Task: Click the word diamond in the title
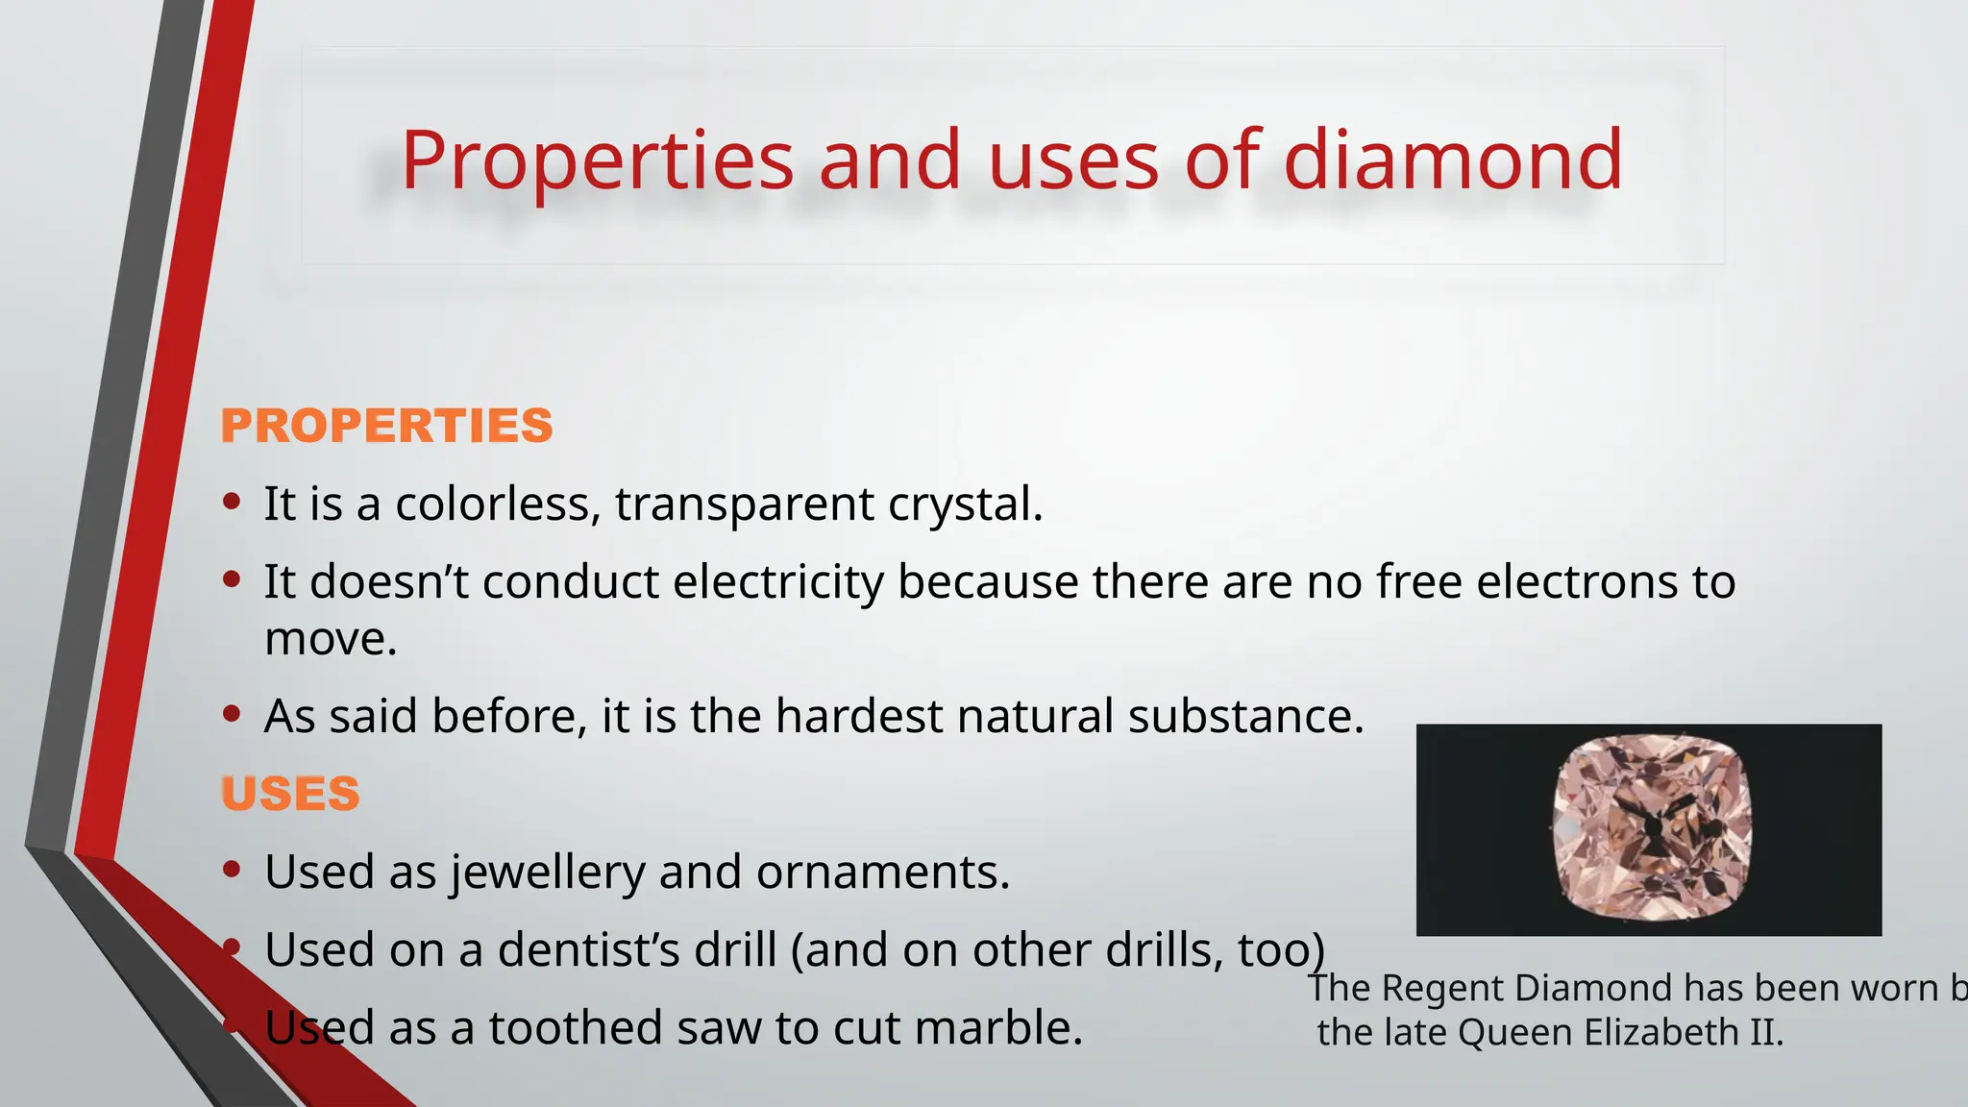[x=1452, y=160]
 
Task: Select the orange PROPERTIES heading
[x=386, y=426]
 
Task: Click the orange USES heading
[x=290, y=794]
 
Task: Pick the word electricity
[x=777, y=581]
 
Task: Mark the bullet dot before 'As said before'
[x=231, y=713]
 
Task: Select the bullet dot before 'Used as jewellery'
[x=231, y=869]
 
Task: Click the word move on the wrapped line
[x=330, y=639]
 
